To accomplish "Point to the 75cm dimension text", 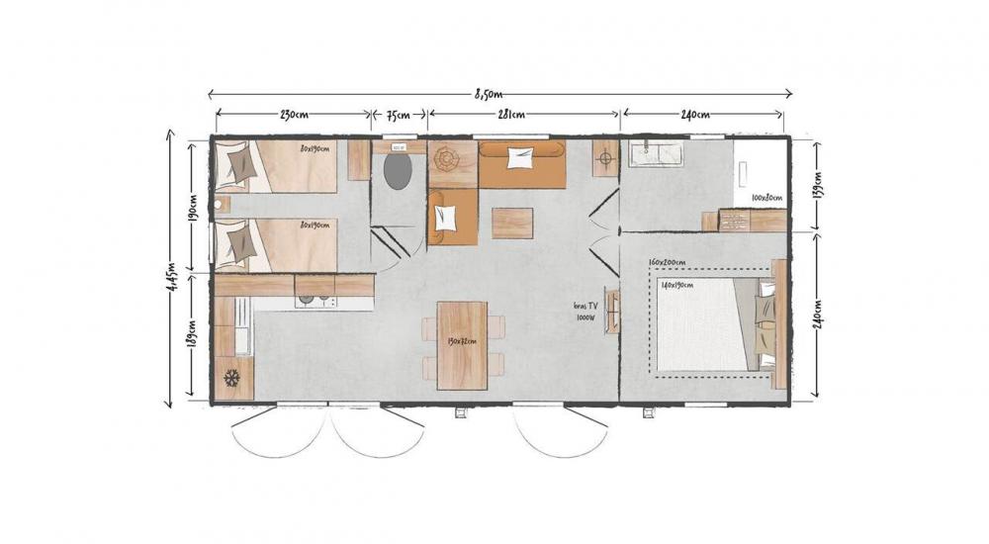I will (x=399, y=115).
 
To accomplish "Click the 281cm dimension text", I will (x=510, y=115).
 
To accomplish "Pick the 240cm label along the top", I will (x=698, y=115).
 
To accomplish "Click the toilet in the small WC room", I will (x=399, y=171).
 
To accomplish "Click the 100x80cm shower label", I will (x=766, y=198).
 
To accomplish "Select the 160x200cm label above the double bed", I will (x=668, y=263).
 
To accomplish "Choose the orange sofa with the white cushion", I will (x=521, y=163).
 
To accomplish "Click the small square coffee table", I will (x=512, y=223).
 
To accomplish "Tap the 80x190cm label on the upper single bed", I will (x=315, y=149).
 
